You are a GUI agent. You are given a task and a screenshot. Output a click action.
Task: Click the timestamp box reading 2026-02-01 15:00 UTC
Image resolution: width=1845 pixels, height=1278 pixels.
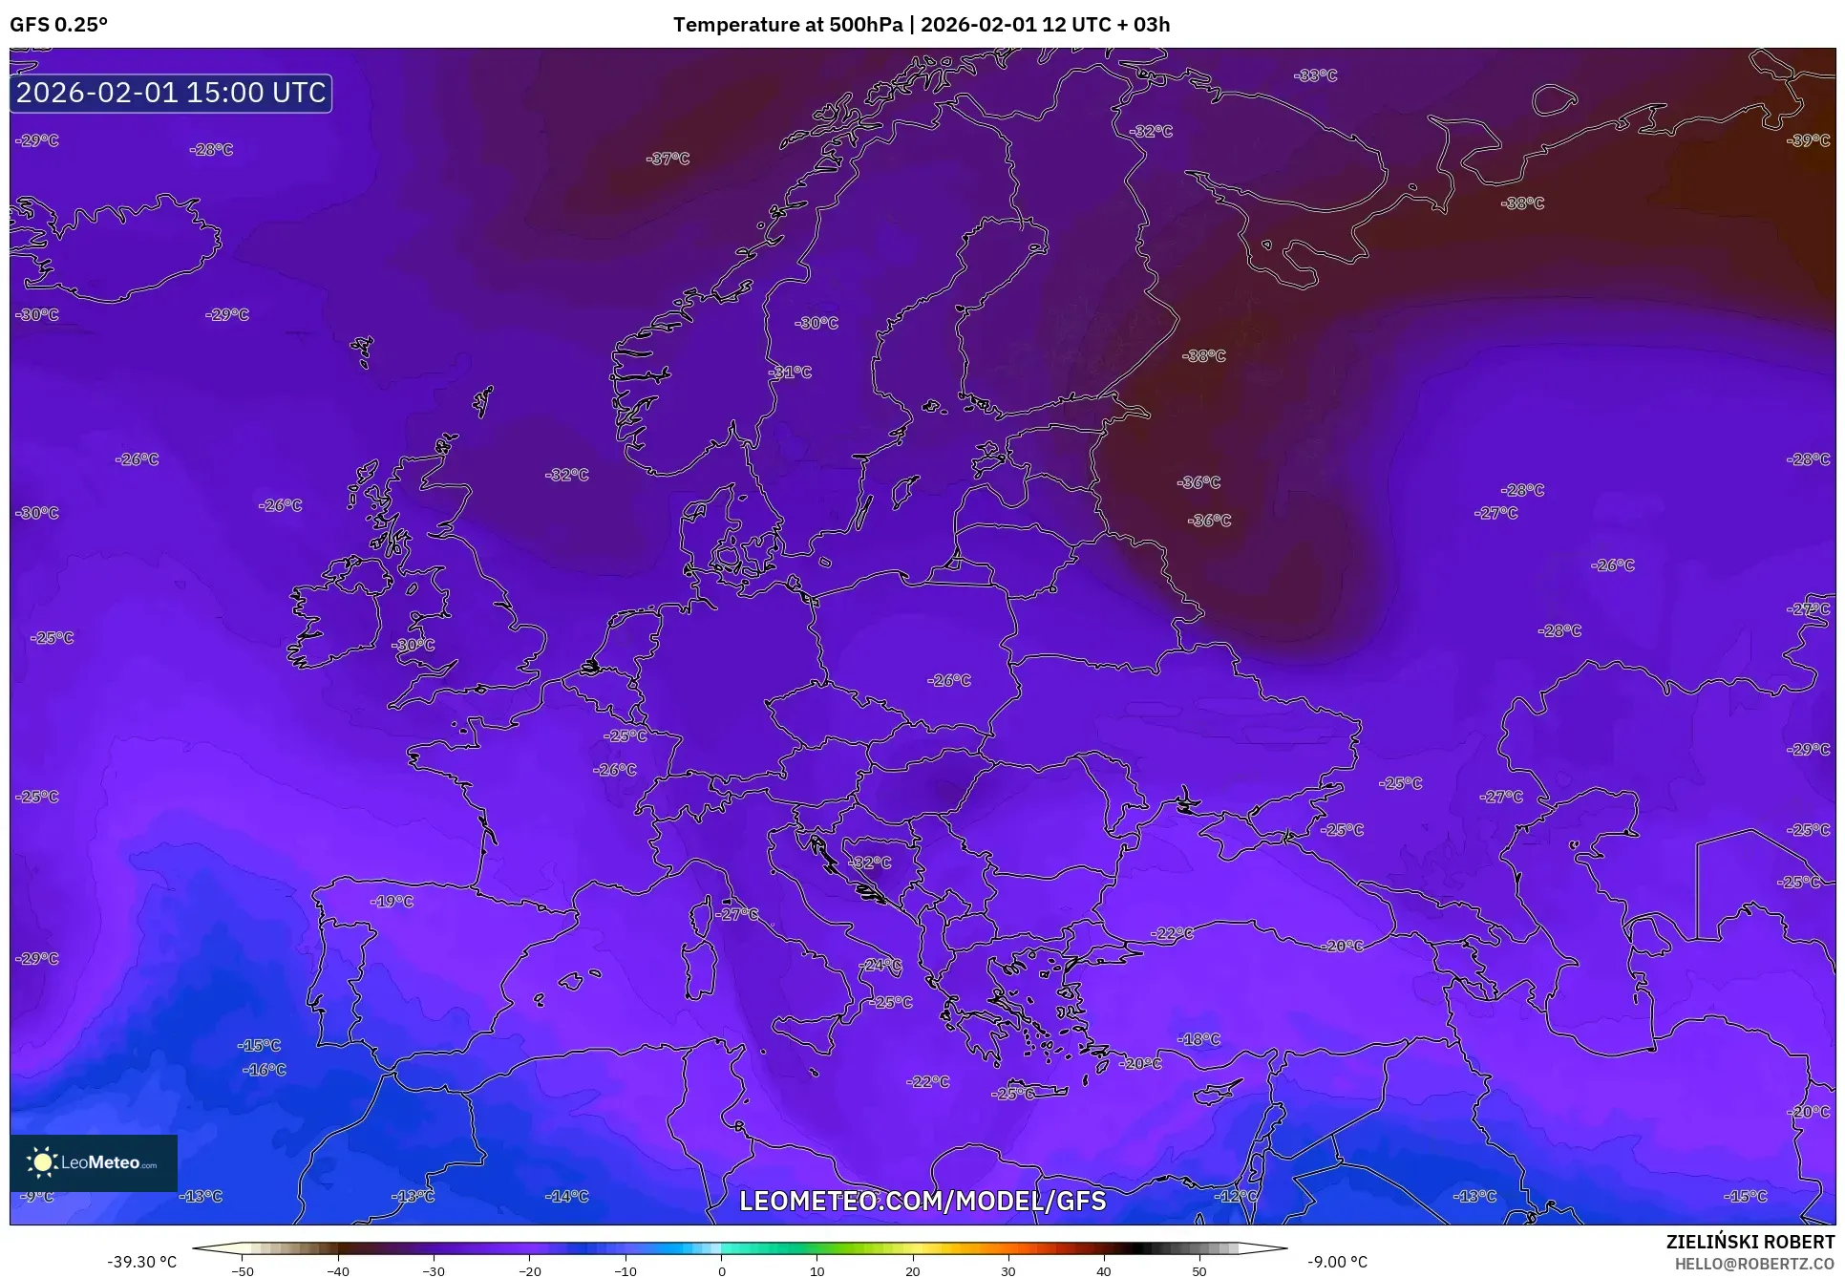(x=171, y=93)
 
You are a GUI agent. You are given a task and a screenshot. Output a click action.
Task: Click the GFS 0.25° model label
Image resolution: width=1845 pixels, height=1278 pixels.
(x=58, y=25)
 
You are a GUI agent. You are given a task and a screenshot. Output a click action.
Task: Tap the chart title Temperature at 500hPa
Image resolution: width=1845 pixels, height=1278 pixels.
(x=787, y=25)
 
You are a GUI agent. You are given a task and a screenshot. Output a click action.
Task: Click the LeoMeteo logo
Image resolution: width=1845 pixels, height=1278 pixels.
(x=93, y=1162)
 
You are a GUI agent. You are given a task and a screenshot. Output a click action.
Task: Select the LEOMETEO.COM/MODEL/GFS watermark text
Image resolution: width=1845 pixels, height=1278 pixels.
(x=922, y=1201)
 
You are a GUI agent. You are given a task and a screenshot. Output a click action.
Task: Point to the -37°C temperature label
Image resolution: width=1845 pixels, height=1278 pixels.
(x=668, y=159)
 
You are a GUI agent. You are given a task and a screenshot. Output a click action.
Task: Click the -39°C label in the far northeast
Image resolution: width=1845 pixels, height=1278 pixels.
(x=1808, y=140)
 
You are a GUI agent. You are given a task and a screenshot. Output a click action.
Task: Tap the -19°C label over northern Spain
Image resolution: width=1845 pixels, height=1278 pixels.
(x=392, y=901)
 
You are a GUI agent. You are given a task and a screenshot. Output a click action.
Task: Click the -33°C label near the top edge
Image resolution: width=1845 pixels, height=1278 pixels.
(x=1315, y=75)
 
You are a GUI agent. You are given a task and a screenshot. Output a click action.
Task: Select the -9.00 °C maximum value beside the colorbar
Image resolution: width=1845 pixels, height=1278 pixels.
(x=1337, y=1262)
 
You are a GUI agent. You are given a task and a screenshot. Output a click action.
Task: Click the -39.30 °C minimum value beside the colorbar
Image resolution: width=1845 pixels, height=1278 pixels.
(x=141, y=1262)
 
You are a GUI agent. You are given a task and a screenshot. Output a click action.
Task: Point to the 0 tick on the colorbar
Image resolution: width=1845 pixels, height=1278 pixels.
(x=721, y=1271)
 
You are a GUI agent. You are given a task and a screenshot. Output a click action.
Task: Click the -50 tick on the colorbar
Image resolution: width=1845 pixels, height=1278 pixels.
(x=243, y=1271)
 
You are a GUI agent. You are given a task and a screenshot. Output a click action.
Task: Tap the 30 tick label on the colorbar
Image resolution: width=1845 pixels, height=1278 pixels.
(x=1008, y=1271)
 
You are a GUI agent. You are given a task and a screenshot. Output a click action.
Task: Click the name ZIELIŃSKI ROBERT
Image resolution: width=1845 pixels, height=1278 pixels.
(x=1750, y=1242)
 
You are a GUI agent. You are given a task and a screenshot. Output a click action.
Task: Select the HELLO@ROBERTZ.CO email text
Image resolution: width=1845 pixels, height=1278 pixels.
(x=1754, y=1264)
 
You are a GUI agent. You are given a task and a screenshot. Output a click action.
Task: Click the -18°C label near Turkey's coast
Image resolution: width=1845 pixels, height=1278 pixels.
(x=1198, y=1039)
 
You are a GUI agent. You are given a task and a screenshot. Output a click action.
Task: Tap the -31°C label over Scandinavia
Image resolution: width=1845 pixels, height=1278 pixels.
(x=790, y=373)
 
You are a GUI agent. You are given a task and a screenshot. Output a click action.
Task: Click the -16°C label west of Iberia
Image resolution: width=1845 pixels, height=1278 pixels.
(x=264, y=1070)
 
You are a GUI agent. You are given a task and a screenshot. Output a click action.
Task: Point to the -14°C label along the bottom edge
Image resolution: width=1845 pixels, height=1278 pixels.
(x=566, y=1196)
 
